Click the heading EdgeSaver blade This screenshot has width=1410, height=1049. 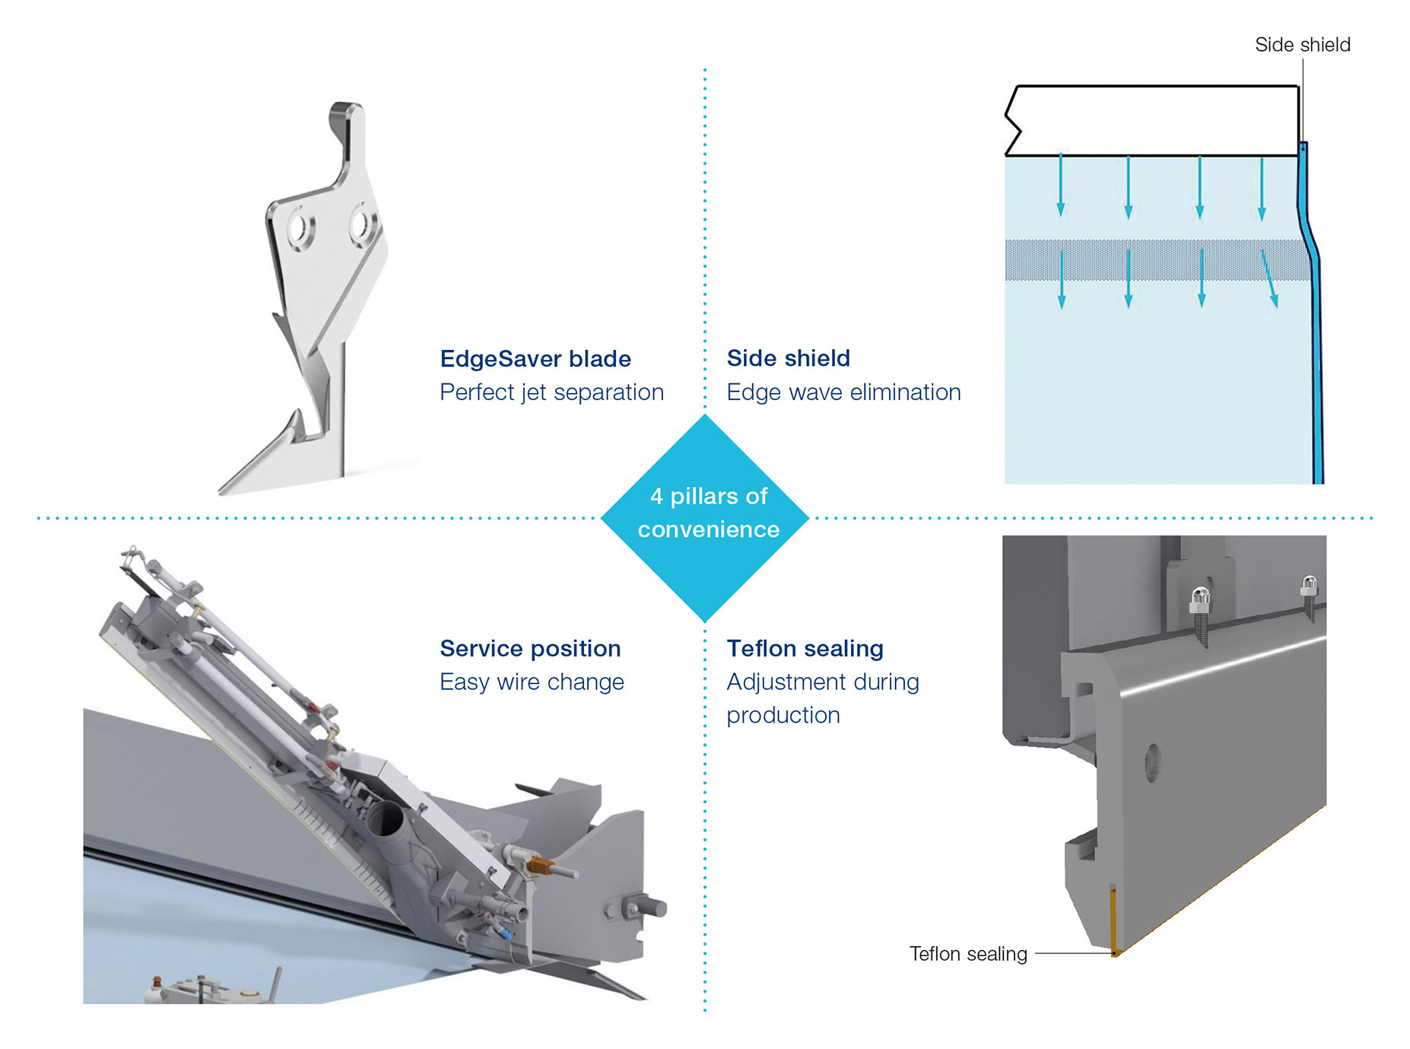click(x=535, y=358)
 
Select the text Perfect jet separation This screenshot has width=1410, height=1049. click(x=551, y=393)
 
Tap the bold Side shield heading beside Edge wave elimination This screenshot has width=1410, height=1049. click(x=788, y=358)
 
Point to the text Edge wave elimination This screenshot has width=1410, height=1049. click(x=843, y=393)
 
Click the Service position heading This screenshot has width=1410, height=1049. click(x=530, y=649)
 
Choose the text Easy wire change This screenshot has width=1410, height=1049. click(x=532, y=682)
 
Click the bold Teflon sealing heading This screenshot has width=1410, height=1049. click(x=805, y=649)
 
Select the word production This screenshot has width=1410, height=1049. click(x=783, y=716)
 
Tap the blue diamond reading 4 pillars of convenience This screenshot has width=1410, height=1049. click(x=705, y=517)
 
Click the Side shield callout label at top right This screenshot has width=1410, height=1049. click(x=1302, y=45)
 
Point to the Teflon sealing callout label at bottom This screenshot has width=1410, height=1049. click(x=967, y=954)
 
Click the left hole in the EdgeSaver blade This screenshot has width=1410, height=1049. click(x=298, y=228)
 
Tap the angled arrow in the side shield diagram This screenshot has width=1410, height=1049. click(x=1269, y=279)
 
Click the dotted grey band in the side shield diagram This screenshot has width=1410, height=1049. click(x=1156, y=260)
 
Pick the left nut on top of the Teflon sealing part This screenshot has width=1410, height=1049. click(x=1199, y=600)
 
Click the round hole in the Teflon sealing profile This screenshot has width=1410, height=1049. click(x=1152, y=762)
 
